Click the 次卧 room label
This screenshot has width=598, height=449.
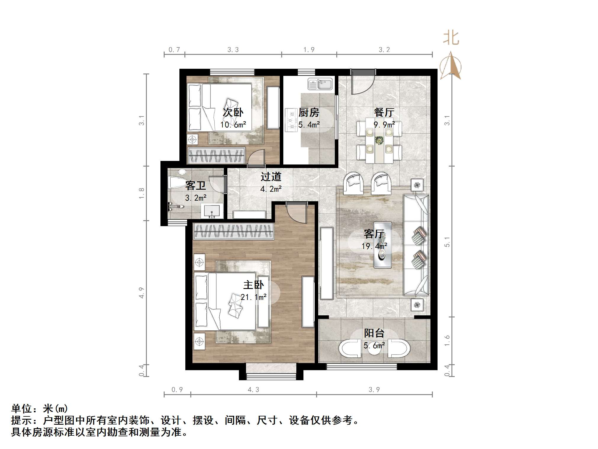(x=233, y=113)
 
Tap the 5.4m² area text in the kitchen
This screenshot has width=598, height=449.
(x=309, y=125)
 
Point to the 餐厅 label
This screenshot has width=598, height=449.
(x=384, y=112)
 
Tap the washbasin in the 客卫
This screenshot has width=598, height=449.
(x=212, y=210)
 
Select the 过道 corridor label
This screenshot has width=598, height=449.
(x=271, y=177)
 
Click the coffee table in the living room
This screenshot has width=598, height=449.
(x=382, y=245)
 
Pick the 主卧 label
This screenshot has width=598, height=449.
(x=253, y=285)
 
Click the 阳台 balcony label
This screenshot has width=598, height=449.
(x=374, y=333)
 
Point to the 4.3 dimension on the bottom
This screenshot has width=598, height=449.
(x=253, y=389)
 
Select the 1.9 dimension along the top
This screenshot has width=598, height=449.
(x=309, y=50)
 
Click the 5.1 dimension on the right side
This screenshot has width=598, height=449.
(x=447, y=242)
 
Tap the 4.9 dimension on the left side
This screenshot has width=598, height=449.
(x=142, y=293)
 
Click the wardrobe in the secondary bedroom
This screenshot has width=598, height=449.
(x=216, y=156)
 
